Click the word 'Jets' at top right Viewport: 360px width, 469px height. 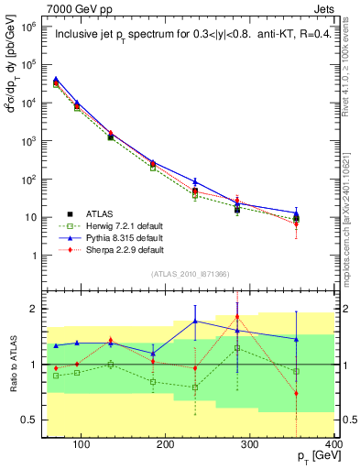point(324,8)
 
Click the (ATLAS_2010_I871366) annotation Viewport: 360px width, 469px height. point(189,274)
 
